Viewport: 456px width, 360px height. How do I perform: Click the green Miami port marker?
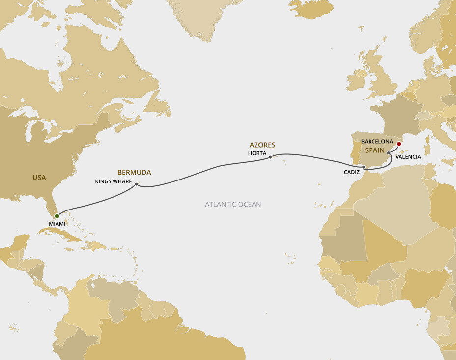coord(57,216)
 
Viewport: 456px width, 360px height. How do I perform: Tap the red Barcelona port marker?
coord(399,144)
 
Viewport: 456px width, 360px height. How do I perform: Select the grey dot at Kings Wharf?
coord(136,184)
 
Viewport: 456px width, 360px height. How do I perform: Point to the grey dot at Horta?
coord(271,157)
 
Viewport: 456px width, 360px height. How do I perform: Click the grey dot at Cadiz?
coord(363,167)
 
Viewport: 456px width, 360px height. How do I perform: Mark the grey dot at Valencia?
coord(389,153)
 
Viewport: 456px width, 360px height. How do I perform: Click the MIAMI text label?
coord(57,224)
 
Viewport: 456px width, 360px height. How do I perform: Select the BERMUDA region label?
coord(134,172)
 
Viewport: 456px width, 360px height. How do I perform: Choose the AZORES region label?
coord(262,145)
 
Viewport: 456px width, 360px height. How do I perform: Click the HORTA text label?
coord(257,153)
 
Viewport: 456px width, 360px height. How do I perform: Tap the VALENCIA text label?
coord(408,157)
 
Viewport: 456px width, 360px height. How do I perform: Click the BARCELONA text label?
coord(377,141)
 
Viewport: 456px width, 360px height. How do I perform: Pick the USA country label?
coord(39,177)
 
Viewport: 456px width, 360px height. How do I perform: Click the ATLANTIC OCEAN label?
coord(233,204)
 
